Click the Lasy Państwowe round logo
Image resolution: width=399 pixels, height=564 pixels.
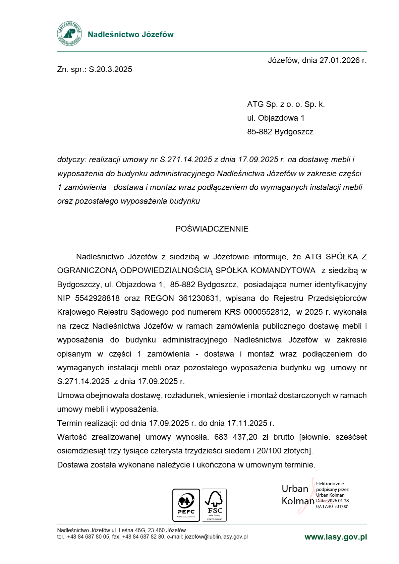click(69, 34)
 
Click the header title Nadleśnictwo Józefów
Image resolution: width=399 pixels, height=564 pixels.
click(130, 35)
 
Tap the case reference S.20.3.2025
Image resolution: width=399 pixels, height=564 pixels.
click(110, 69)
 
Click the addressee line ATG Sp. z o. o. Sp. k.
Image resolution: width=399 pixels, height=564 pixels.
click(286, 104)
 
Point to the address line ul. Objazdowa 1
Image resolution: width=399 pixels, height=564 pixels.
click(276, 118)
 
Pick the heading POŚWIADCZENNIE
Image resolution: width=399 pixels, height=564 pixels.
click(212, 229)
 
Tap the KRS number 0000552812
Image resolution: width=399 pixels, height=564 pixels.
click(266, 312)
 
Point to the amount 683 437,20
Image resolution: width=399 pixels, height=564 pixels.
click(236, 437)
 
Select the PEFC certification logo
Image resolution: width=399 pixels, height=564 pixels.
click(186, 505)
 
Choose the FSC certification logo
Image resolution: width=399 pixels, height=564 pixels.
click(214, 505)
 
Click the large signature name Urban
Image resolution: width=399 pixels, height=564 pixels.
click(295, 489)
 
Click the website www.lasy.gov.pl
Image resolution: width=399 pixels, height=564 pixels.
click(336, 537)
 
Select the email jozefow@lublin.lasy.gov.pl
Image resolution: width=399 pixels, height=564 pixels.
click(216, 537)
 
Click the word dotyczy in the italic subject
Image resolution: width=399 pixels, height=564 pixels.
click(71, 160)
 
